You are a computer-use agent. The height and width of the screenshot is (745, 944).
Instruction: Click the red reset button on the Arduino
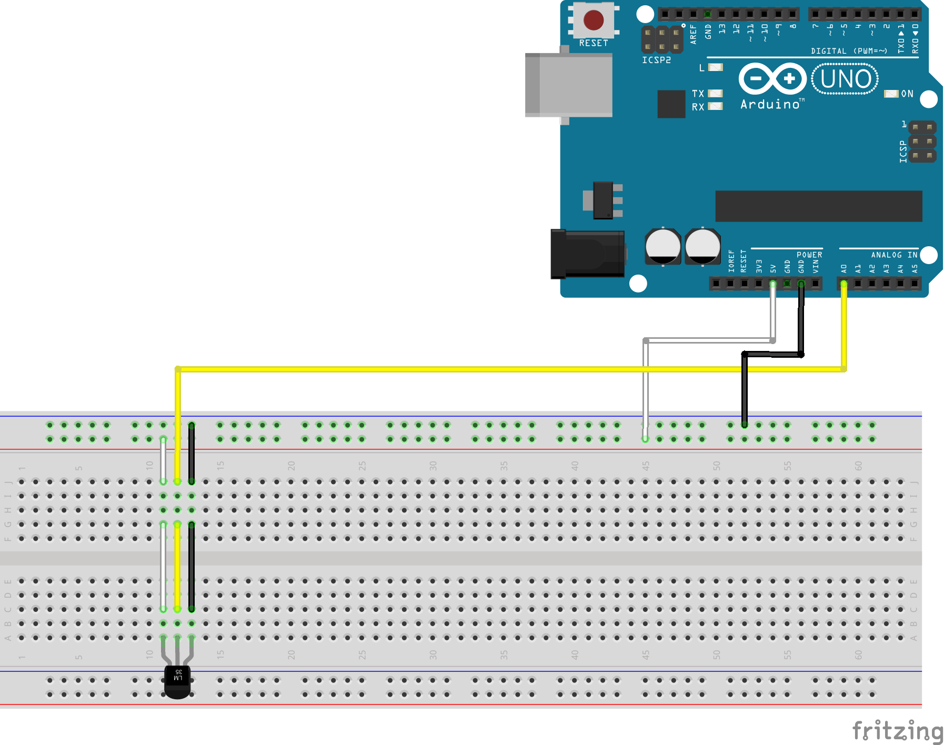click(594, 21)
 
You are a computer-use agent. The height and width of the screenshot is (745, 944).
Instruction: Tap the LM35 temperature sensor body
click(178, 681)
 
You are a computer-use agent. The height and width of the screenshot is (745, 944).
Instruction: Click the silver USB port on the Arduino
click(569, 84)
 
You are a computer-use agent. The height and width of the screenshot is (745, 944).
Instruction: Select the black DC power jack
click(587, 254)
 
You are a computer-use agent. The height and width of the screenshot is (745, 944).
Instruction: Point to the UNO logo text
click(845, 79)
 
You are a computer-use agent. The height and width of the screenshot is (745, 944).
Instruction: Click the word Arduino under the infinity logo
click(770, 104)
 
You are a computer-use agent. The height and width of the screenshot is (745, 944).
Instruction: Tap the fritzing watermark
click(897, 731)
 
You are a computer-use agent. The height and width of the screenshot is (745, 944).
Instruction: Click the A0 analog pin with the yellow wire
click(844, 284)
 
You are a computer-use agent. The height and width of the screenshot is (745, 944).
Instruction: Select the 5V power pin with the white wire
click(772, 284)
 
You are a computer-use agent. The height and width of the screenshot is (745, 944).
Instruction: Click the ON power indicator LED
click(891, 94)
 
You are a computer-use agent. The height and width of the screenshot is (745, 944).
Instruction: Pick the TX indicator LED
click(715, 93)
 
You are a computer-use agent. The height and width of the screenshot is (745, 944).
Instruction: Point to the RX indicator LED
click(715, 106)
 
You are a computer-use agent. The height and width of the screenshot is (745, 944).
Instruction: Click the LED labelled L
click(715, 67)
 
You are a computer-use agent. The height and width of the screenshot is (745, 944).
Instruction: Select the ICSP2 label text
click(656, 60)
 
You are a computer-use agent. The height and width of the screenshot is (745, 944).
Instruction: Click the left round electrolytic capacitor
click(662, 246)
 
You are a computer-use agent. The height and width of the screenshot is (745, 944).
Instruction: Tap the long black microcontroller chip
click(818, 206)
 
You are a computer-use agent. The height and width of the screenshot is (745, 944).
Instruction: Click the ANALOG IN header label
click(893, 255)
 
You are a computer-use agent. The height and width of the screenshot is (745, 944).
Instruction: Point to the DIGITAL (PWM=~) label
click(849, 51)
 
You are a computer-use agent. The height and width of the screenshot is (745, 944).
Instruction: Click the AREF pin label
click(693, 34)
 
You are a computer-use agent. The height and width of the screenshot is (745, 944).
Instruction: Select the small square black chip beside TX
click(671, 104)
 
